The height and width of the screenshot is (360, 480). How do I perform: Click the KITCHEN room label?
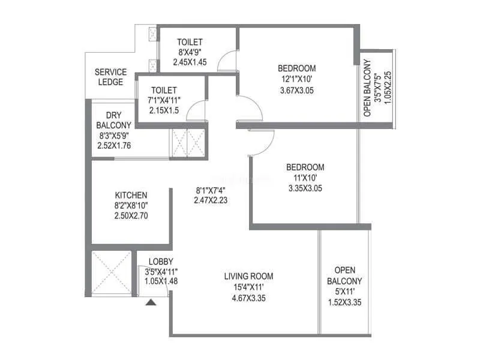pyautogui.click(x=131, y=196)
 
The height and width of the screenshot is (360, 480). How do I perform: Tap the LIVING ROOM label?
pyautogui.click(x=248, y=277)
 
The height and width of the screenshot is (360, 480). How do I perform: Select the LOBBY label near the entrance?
pyautogui.click(x=161, y=261)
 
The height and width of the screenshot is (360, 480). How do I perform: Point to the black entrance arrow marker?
pyautogui.click(x=151, y=302)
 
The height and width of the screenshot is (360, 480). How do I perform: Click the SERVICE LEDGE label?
pyautogui.click(x=110, y=77)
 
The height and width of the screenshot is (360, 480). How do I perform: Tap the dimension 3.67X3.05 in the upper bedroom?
pyautogui.click(x=297, y=91)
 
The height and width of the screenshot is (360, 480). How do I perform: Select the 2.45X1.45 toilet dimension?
pyautogui.click(x=190, y=62)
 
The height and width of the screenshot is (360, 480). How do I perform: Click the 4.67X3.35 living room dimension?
pyautogui.click(x=248, y=297)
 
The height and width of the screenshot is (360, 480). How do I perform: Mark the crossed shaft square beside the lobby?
pyautogui.click(x=111, y=272)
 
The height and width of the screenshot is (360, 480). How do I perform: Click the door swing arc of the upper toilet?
pyautogui.click(x=227, y=61)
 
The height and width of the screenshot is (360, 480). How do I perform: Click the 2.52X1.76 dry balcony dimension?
pyautogui.click(x=114, y=145)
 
